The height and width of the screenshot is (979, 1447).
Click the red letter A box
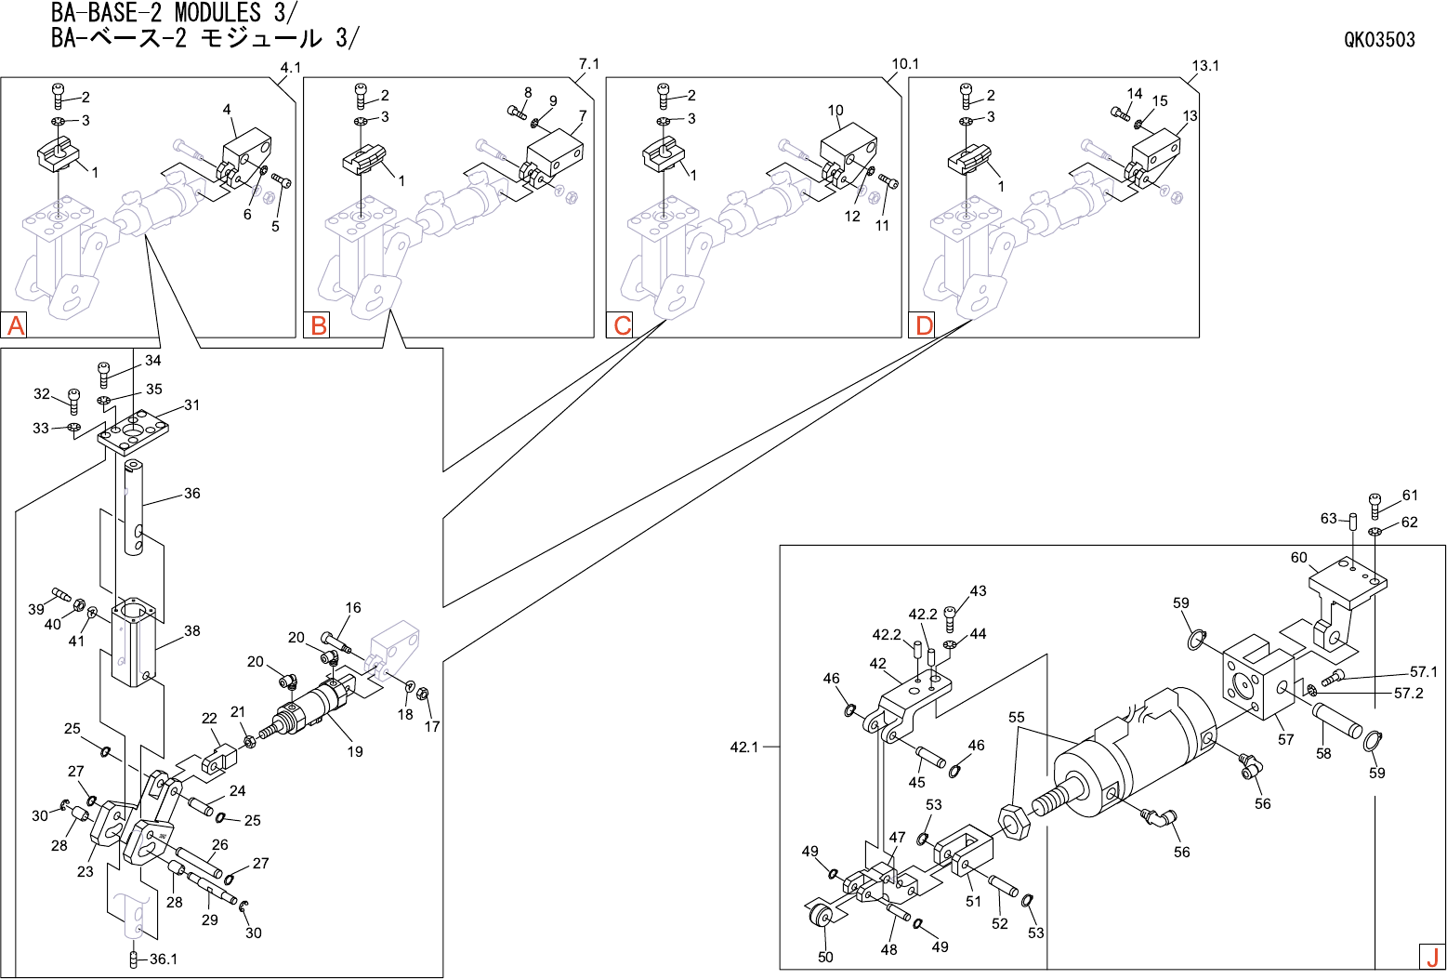pyautogui.click(x=16, y=325)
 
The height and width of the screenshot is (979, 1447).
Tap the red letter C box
pyautogui.click(x=622, y=325)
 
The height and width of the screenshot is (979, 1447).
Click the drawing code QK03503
pyautogui.click(x=1379, y=39)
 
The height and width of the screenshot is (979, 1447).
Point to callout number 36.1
pyautogui.click(x=163, y=959)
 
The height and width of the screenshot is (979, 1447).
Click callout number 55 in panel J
pyautogui.click(x=1017, y=718)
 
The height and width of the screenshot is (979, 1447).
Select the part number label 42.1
pyautogui.click(x=744, y=747)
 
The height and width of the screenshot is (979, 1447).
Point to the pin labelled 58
pyautogui.click(x=1335, y=719)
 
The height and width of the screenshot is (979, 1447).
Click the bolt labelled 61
pyautogui.click(x=1375, y=505)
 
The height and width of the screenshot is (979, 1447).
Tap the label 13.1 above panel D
pyautogui.click(x=1205, y=65)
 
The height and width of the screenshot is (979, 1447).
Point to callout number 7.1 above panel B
pyautogui.click(x=589, y=64)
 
